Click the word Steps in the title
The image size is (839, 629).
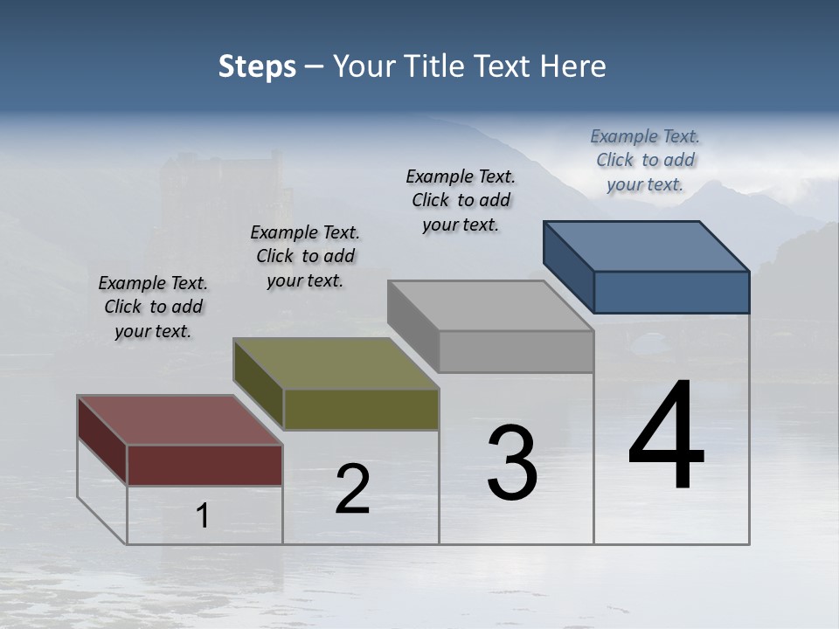coord(257,66)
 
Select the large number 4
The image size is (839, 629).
coord(666,436)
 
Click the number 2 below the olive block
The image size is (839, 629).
coord(352,489)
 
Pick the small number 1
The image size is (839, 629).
coord(203,516)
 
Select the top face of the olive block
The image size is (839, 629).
coord(336,363)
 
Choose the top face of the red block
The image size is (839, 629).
coord(179,420)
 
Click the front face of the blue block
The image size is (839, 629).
coord(671,292)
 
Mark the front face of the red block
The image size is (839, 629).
coord(205,465)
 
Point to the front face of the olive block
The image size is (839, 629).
coord(361,409)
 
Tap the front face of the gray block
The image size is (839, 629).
coord(516,352)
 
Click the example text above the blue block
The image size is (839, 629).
coord(645,160)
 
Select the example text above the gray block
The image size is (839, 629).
coord(461,200)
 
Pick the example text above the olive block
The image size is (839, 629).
coord(305,256)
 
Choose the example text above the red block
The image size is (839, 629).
coord(153,307)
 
